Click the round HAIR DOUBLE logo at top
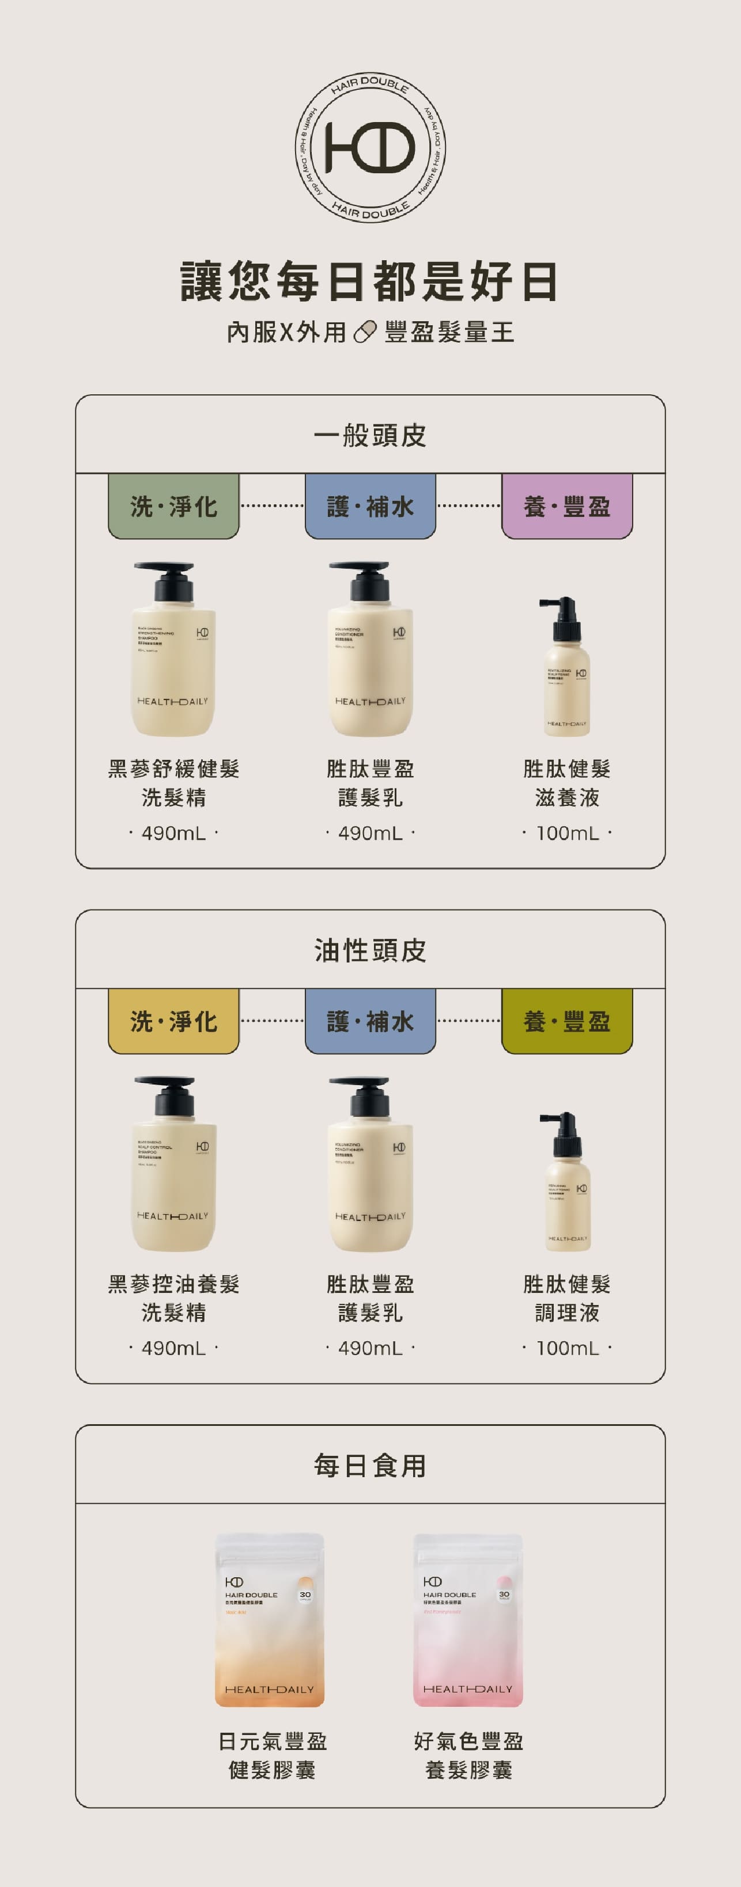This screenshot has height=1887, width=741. tap(370, 147)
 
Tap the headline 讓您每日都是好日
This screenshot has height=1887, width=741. tap(370, 281)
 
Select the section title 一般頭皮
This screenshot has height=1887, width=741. tap(370, 435)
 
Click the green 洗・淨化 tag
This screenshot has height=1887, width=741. tap(173, 506)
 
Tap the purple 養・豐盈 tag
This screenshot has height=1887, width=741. tap(566, 506)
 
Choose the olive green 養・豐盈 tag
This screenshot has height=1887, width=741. tap(566, 1021)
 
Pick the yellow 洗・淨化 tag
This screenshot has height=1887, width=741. tap(173, 1021)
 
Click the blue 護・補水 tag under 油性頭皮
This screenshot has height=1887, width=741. tap(370, 1021)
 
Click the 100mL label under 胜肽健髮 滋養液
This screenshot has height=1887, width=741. tap(566, 833)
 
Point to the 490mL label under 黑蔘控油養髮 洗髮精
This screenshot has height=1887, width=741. tap(173, 1348)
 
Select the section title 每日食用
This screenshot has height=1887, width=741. tap(370, 1466)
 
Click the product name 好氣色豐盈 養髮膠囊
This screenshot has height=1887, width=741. tap(468, 1755)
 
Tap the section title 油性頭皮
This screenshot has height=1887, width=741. tap(370, 950)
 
